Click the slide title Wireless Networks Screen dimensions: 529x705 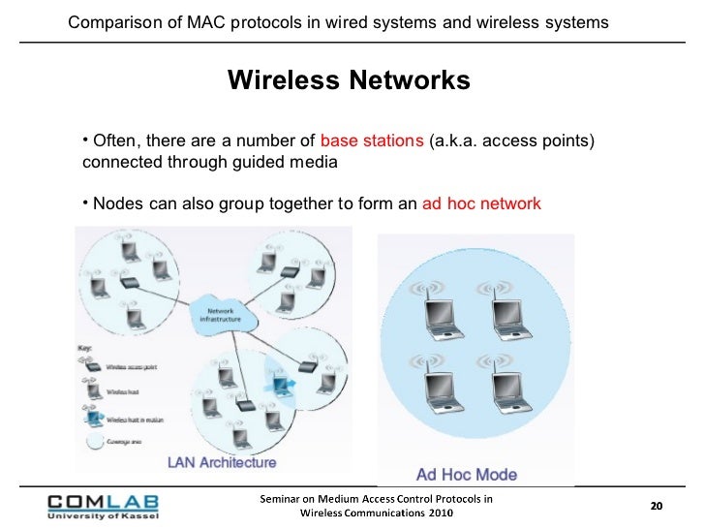(x=349, y=80)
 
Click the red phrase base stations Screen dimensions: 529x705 (x=371, y=140)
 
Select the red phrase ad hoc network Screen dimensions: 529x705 (x=481, y=204)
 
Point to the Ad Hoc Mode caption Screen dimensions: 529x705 (x=467, y=475)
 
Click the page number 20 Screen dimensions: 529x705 (x=656, y=506)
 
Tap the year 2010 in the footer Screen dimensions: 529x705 (x=433, y=513)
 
